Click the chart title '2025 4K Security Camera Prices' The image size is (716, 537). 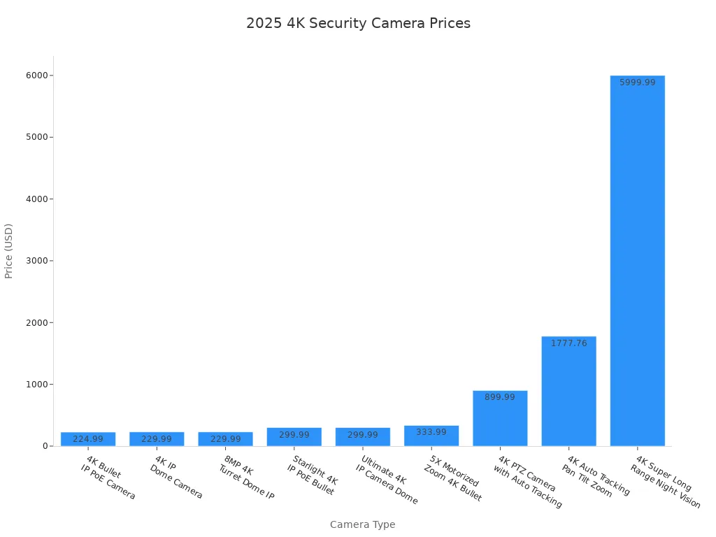[x=358, y=23]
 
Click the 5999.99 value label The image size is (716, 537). [x=637, y=83]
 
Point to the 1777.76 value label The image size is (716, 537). [x=568, y=343]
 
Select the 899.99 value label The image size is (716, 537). [x=500, y=397]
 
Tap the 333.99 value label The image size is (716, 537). [x=431, y=432]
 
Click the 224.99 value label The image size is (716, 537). [x=88, y=439]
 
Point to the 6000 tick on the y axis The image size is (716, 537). [x=37, y=76]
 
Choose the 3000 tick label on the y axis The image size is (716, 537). [x=37, y=261]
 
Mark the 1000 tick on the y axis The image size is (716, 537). [x=37, y=385]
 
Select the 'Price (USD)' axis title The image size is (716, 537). [x=9, y=251]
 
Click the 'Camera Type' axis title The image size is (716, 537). [x=362, y=524]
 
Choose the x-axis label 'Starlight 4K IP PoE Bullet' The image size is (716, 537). [x=313, y=475]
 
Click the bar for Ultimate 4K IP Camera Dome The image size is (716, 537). [x=363, y=437]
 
